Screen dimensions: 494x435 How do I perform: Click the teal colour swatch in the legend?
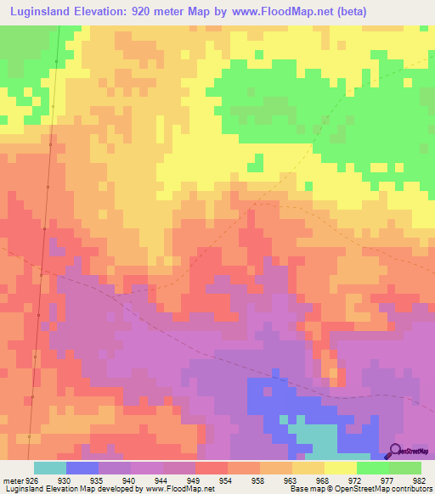coord(49,468)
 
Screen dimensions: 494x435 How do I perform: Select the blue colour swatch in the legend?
coord(82,468)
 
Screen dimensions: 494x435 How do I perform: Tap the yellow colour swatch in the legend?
coord(340,468)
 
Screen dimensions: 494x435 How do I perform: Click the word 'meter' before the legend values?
coord(11,480)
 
